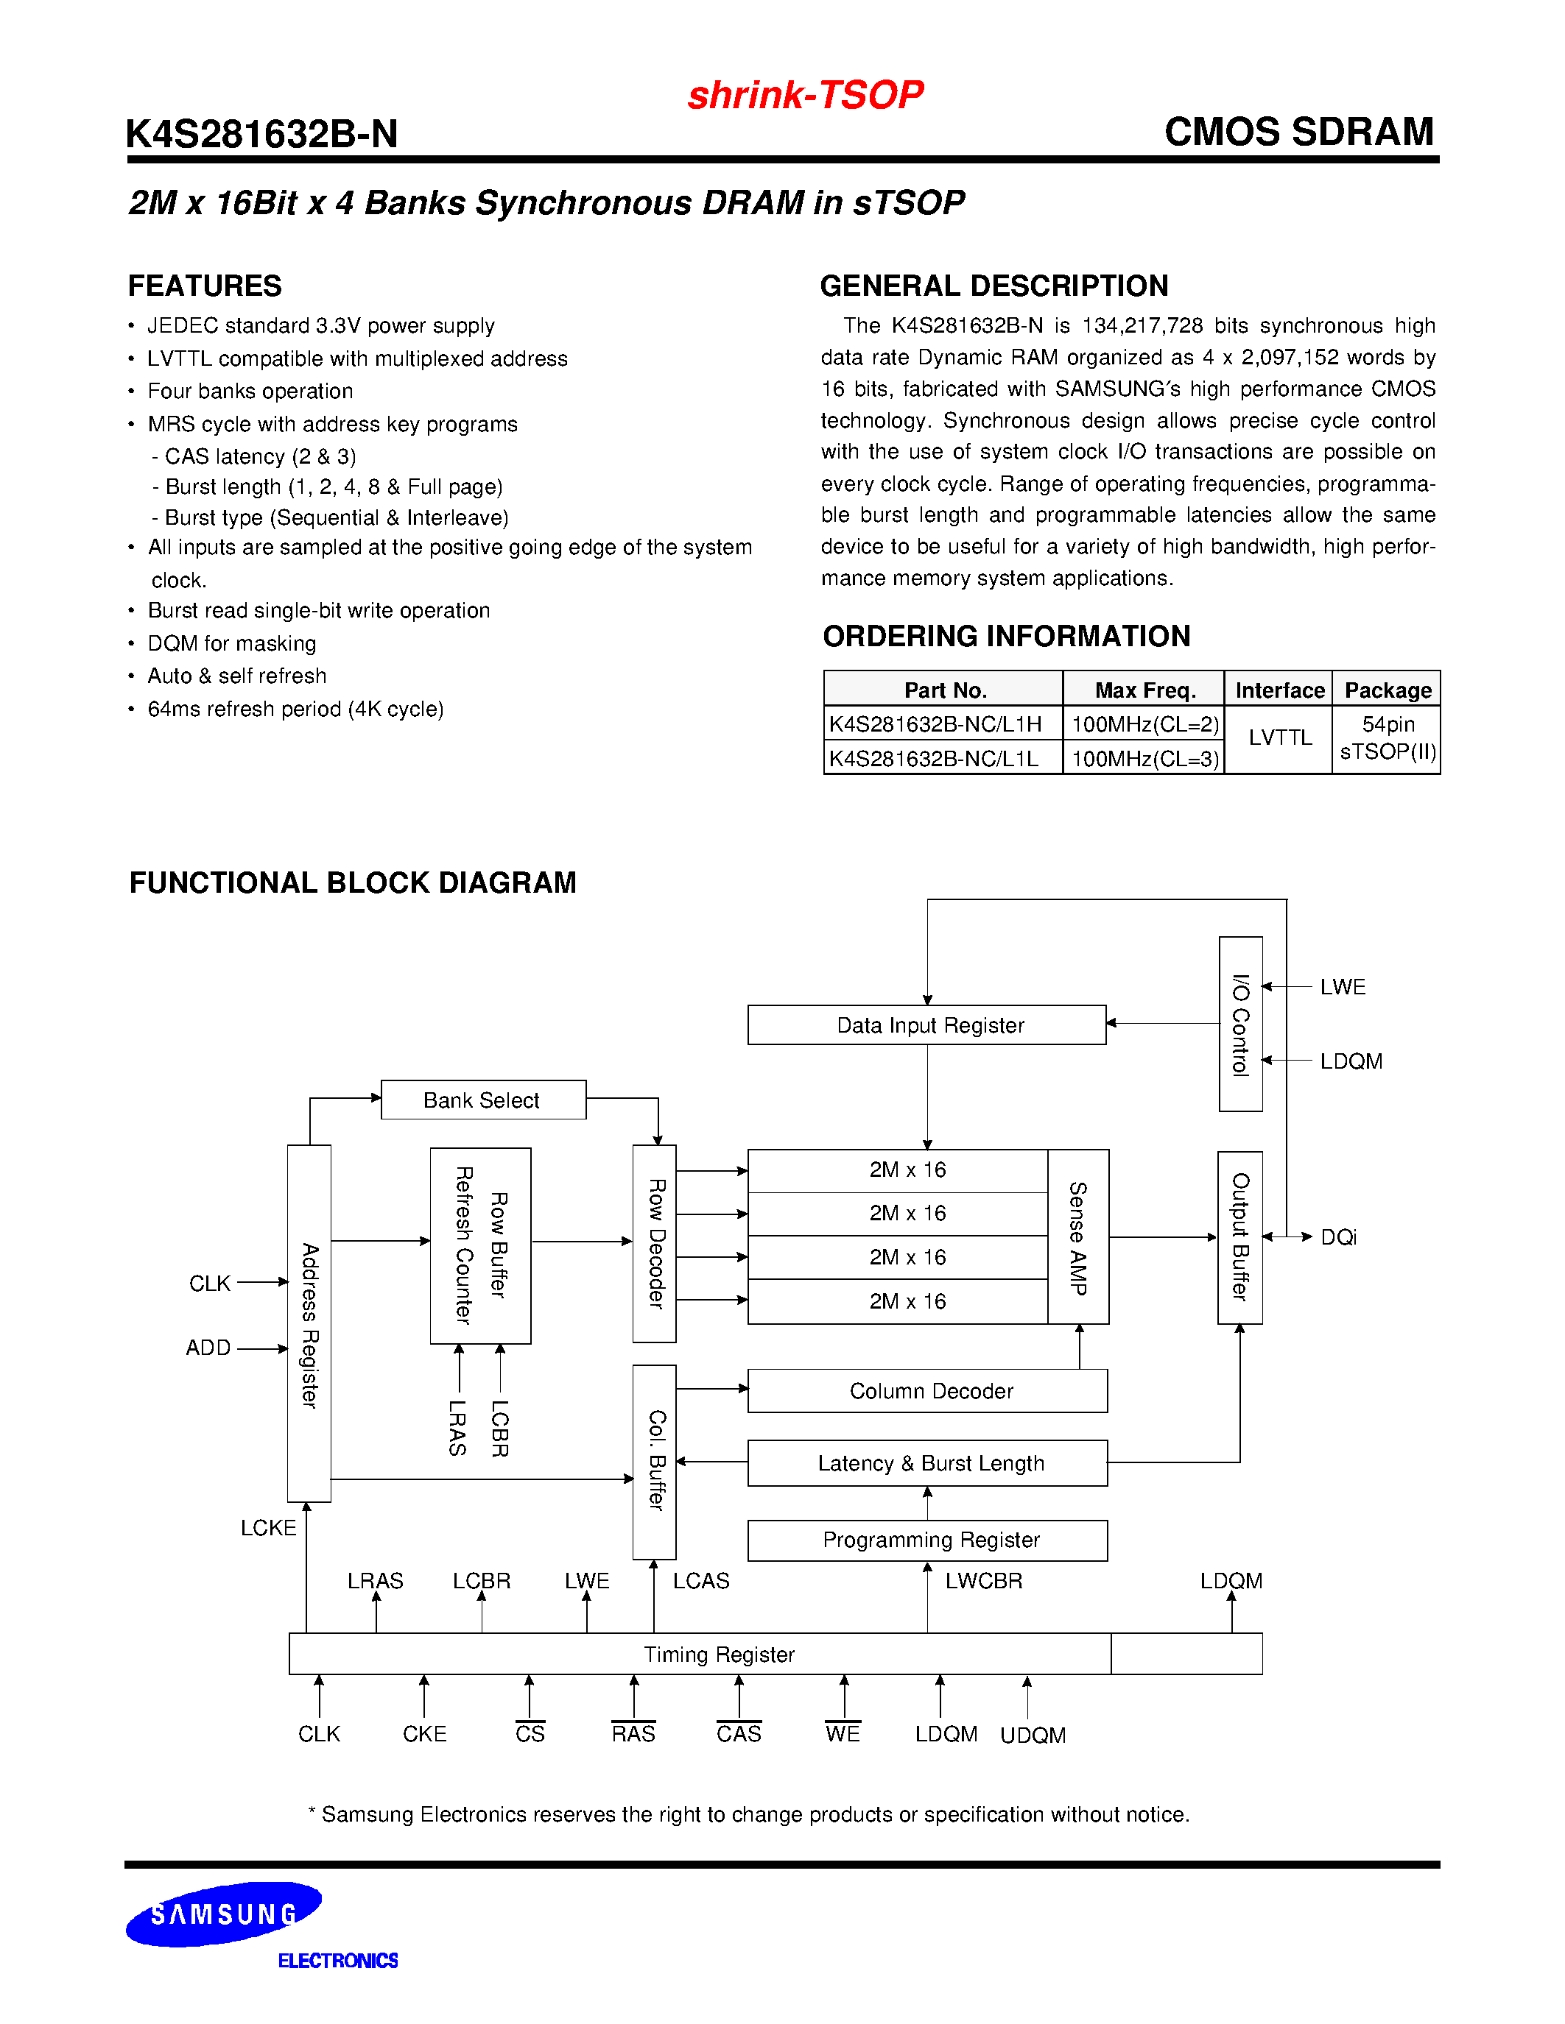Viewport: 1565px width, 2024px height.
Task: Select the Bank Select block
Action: (x=482, y=1100)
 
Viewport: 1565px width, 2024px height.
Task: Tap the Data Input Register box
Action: (x=927, y=1025)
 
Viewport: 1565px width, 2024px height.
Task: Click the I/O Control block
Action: (x=1240, y=1023)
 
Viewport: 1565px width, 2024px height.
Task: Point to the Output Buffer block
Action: (x=1239, y=1237)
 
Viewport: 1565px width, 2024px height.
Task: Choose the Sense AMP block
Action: (x=1078, y=1237)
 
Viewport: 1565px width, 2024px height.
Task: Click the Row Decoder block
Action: (x=655, y=1244)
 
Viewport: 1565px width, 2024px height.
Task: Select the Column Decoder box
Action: (x=927, y=1391)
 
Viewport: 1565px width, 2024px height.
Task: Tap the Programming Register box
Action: (x=927, y=1540)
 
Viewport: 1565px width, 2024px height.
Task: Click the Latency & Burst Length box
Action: (x=927, y=1463)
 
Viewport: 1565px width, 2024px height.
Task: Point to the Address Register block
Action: (x=309, y=1323)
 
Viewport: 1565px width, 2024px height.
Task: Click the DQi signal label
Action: (x=1338, y=1237)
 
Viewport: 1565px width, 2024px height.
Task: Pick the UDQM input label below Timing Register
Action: (x=1033, y=1735)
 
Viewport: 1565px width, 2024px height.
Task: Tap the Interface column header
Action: (x=1279, y=690)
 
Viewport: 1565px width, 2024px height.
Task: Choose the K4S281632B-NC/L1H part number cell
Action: (x=936, y=723)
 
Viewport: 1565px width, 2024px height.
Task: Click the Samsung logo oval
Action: (x=223, y=1914)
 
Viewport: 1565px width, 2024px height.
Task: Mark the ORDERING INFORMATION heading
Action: (x=1006, y=637)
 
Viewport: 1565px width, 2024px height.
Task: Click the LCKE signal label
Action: (x=268, y=1528)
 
